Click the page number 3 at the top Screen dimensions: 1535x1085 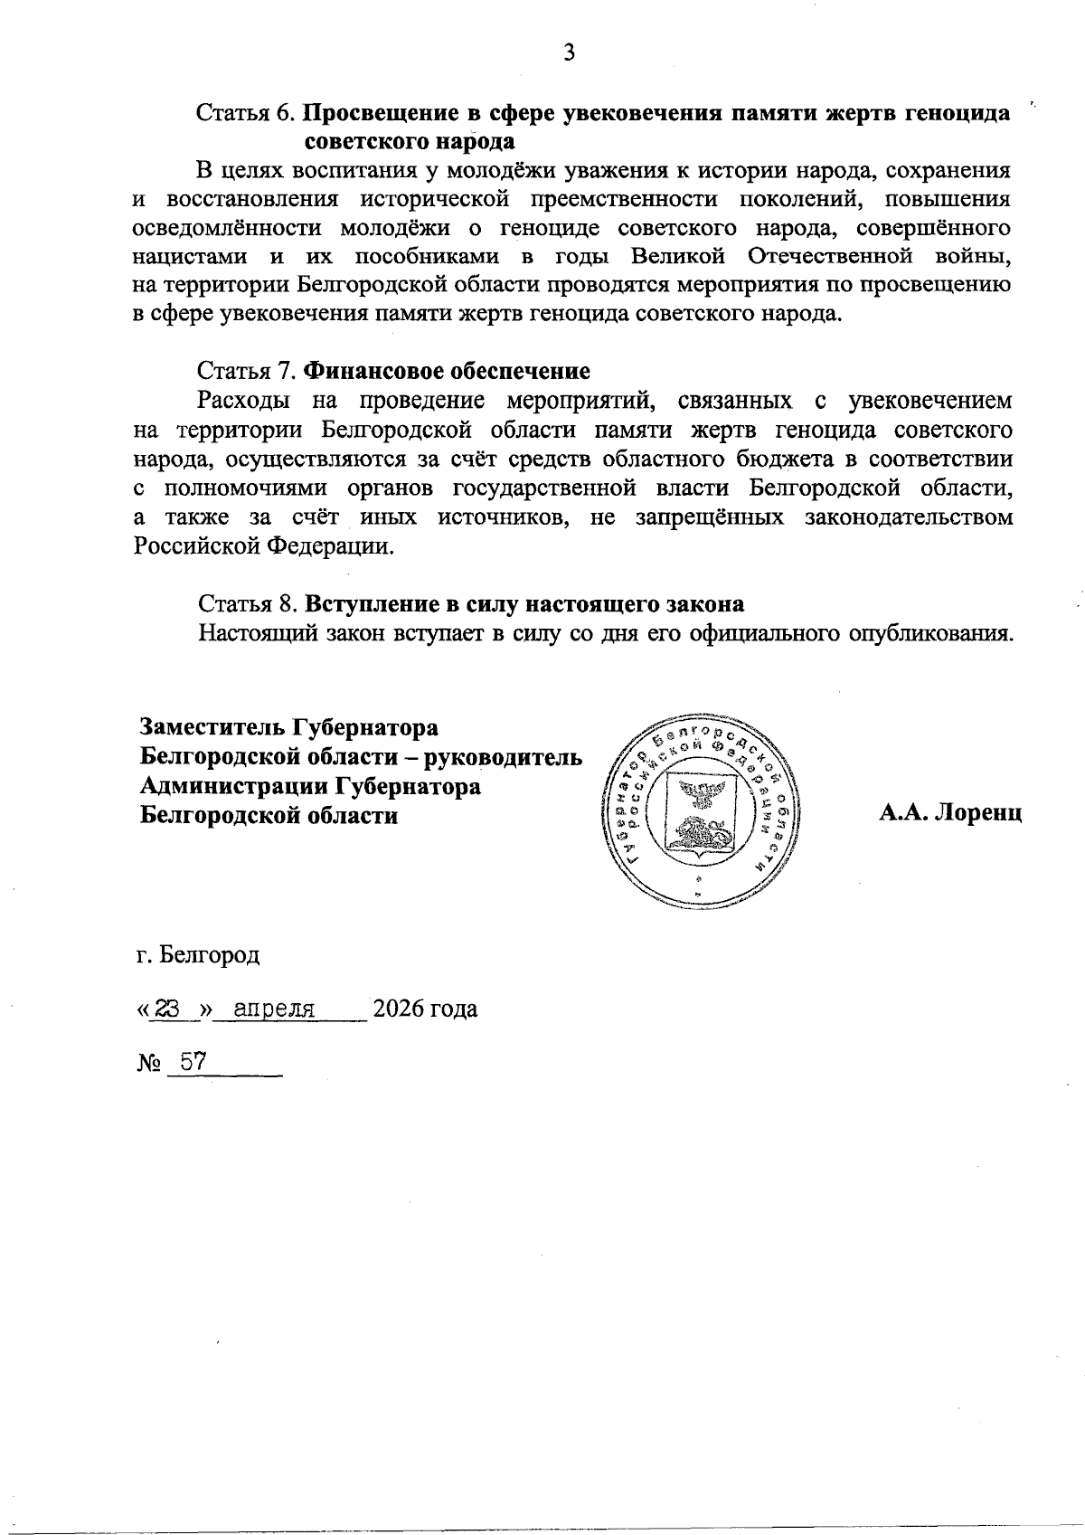point(569,53)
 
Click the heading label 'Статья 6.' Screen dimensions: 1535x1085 point(246,115)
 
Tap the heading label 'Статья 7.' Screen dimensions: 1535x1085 point(246,371)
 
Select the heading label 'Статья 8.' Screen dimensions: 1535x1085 point(246,603)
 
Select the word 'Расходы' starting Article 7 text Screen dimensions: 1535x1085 point(244,400)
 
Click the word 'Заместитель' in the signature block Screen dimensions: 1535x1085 point(212,727)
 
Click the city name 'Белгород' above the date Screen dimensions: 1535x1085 point(209,955)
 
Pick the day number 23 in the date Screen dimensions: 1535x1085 point(167,1009)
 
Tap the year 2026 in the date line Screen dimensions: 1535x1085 point(397,1009)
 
